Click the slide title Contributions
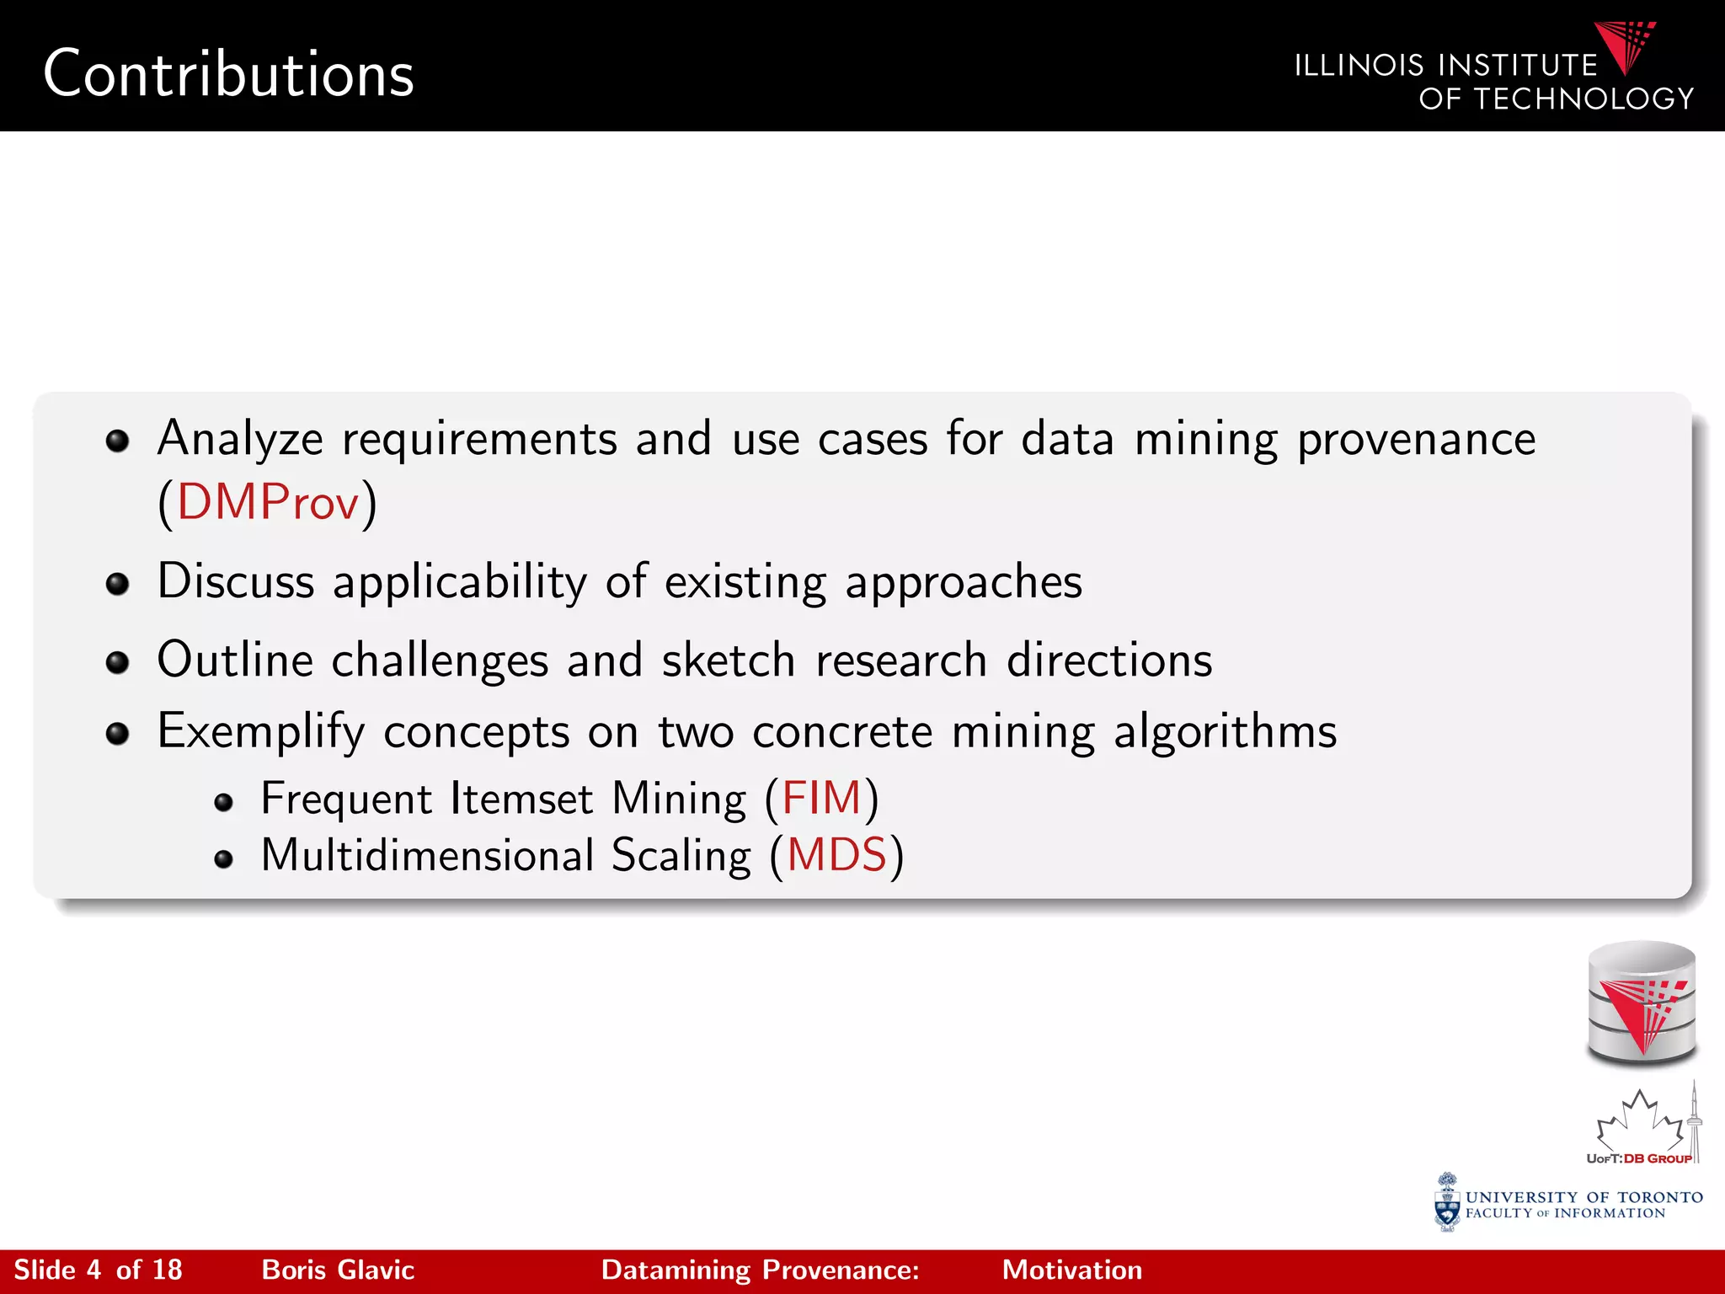point(228,74)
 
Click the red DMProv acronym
point(268,502)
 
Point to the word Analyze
point(240,439)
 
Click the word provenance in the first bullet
point(1416,439)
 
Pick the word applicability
point(460,581)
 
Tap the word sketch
point(729,660)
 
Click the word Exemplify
point(261,730)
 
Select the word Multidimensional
point(428,855)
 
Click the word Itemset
point(521,798)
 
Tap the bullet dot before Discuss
point(117,583)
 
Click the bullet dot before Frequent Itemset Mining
point(223,802)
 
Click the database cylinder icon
point(1641,1003)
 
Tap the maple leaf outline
point(1638,1121)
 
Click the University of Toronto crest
point(1447,1202)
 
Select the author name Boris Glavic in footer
point(338,1270)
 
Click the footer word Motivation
point(1071,1270)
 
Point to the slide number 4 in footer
point(93,1270)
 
